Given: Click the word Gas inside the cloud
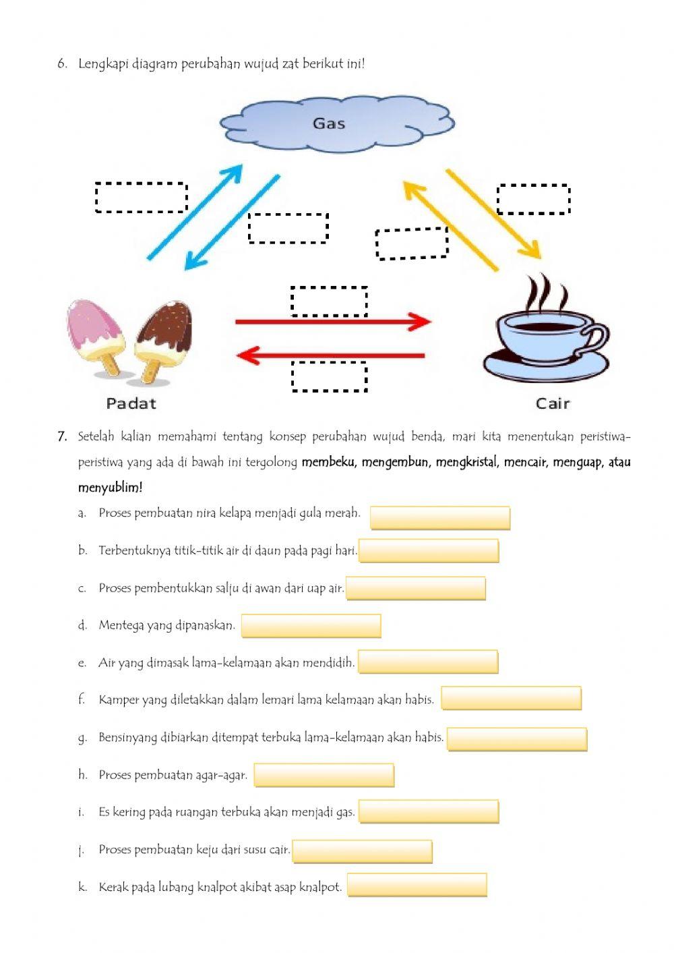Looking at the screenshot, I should click(x=329, y=123).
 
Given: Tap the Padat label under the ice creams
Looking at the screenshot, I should click(x=131, y=403).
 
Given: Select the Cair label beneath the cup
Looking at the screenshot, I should click(x=553, y=403).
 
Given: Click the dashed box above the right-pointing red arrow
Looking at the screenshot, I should click(x=329, y=301).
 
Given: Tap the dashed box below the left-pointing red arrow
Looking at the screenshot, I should click(x=329, y=376).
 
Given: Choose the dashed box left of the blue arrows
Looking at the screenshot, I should click(x=141, y=198).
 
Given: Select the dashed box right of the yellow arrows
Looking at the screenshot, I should click(x=533, y=199).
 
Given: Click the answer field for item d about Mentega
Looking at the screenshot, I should click(x=311, y=626).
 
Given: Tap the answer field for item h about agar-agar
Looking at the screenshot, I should click(x=324, y=775).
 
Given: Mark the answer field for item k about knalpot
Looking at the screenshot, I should click(x=417, y=885).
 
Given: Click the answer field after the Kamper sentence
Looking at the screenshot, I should click(x=511, y=698).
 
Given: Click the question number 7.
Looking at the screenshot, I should click(x=62, y=436).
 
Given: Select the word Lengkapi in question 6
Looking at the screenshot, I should click(x=103, y=64).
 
